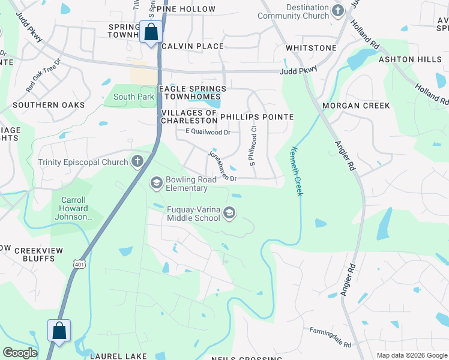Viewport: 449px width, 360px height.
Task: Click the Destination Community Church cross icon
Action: (x=338, y=10)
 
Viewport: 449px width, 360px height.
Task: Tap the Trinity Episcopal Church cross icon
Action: (x=137, y=161)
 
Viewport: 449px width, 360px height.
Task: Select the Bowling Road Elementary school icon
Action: (x=157, y=182)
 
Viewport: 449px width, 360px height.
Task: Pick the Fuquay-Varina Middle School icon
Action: (x=229, y=212)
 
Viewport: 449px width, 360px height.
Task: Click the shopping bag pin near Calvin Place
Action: (x=150, y=32)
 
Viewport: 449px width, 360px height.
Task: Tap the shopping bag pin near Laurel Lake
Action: (x=59, y=331)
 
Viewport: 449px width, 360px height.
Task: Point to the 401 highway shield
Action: (x=80, y=264)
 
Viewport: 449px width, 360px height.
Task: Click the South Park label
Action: (x=134, y=97)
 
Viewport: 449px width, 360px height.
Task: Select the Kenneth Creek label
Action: (x=295, y=171)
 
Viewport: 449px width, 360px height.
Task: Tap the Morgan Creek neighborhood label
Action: (x=356, y=106)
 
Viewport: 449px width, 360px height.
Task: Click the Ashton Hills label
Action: (x=408, y=59)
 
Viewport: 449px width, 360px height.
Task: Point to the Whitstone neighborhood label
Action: (x=311, y=47)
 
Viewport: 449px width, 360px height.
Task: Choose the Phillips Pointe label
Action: (x=257, y=117)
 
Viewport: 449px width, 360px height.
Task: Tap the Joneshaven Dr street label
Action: (x=222, y=166)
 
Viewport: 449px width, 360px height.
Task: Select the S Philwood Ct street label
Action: (x=253, y=149)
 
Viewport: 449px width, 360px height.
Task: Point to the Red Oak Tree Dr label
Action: (x=44, y=75)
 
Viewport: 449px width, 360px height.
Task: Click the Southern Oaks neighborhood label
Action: (x=49, y=105)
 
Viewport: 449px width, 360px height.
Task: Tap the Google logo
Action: (x=20, y=353)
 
